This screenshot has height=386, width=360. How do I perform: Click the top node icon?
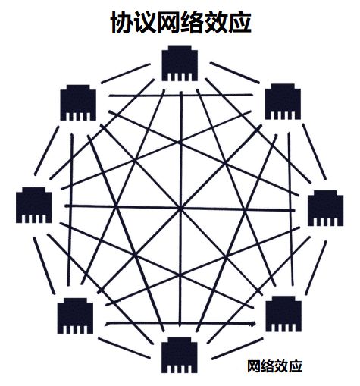180,63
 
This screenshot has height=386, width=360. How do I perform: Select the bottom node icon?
180,355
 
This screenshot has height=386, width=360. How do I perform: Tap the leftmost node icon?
34,205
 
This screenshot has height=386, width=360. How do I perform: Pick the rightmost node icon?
325,208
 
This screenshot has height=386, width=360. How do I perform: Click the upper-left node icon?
78,102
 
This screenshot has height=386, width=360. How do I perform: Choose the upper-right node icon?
283,102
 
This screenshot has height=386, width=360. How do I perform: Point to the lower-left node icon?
75,315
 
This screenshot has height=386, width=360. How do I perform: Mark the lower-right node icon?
283,314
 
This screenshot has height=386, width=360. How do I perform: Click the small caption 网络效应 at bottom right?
275,366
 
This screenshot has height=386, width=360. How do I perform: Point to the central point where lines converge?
180,209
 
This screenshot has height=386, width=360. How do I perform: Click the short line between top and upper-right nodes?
235,73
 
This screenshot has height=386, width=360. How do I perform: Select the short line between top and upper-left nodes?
126,74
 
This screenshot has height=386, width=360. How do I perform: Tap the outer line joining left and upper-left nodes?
47,151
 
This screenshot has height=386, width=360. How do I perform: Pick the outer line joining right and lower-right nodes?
316,268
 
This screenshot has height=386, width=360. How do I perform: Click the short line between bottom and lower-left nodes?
124,348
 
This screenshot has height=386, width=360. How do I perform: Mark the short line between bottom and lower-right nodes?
237,349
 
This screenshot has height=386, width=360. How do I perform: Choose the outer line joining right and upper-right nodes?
315,152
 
